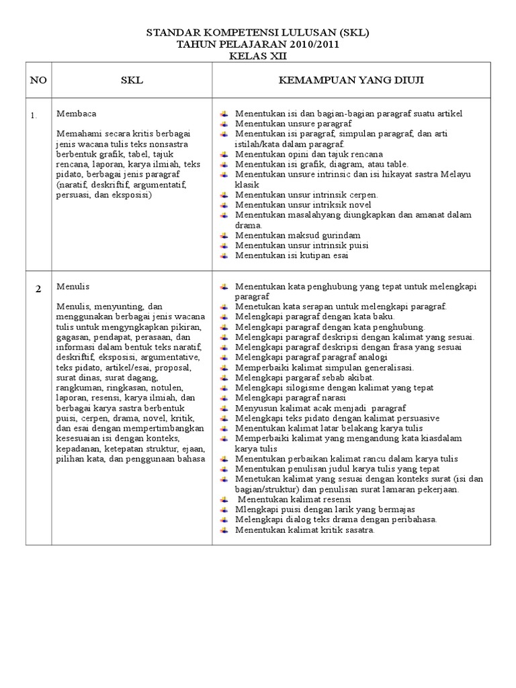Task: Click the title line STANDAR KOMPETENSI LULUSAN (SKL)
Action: coord(258,32)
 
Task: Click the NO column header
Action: coord(38,81)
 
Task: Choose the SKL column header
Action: coord(132,81)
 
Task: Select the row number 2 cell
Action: coord(38,289)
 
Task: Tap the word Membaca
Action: coord(72,114)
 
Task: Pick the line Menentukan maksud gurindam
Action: coord(298,235)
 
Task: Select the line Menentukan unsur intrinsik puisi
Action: coord(302,245)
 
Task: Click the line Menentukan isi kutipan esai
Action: coord(292,255)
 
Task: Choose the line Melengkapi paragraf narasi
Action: coord(290,398)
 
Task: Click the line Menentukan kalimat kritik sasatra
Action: coord(304,529)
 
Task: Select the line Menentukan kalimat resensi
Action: coord(296,499)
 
